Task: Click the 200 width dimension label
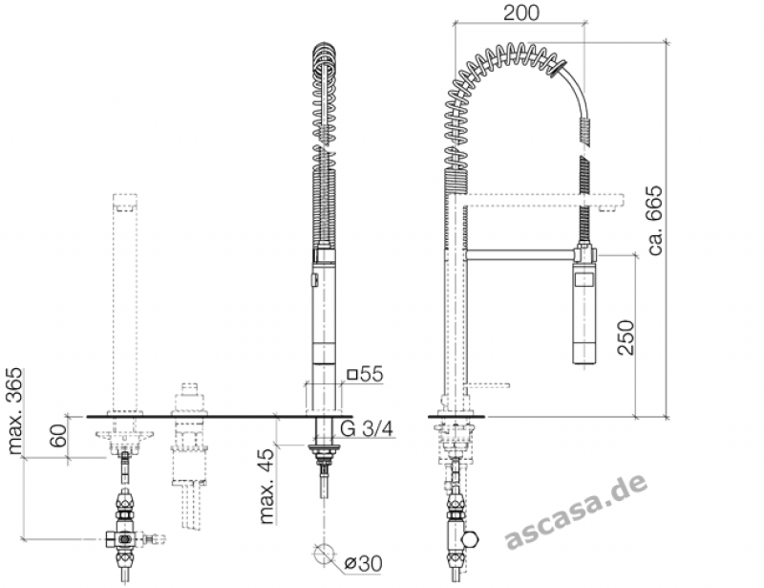[x=521, y=12]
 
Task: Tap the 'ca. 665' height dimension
[x=655, y=220]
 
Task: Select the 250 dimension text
[x=626, y=338]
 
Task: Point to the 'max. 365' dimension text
[x=15, y=411]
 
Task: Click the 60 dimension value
[x=58, y=436]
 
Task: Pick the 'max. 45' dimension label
[x=267, y=486]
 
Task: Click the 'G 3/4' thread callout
[x=366, y=428]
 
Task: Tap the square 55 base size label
[x=365, y=374]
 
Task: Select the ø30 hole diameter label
[x=363, y=563]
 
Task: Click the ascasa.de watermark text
[x=577, y=511]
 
